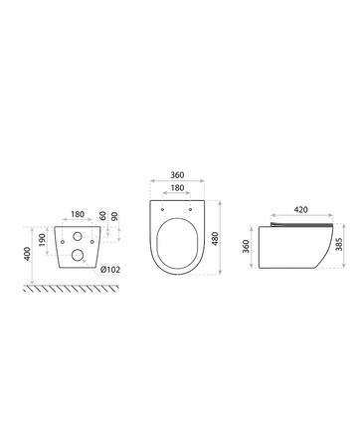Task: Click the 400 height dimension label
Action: click(28, 254)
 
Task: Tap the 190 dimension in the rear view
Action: click(42, 240)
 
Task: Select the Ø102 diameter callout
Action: click(110, 270)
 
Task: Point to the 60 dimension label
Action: click(102, 216)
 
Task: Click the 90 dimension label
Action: click(114, 217)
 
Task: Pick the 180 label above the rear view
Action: click(78, 214)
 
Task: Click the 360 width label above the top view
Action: click(177, 175)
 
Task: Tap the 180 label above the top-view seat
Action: click(177, 188)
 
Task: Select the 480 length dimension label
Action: click(215, 239)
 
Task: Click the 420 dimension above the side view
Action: click(301, 210)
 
